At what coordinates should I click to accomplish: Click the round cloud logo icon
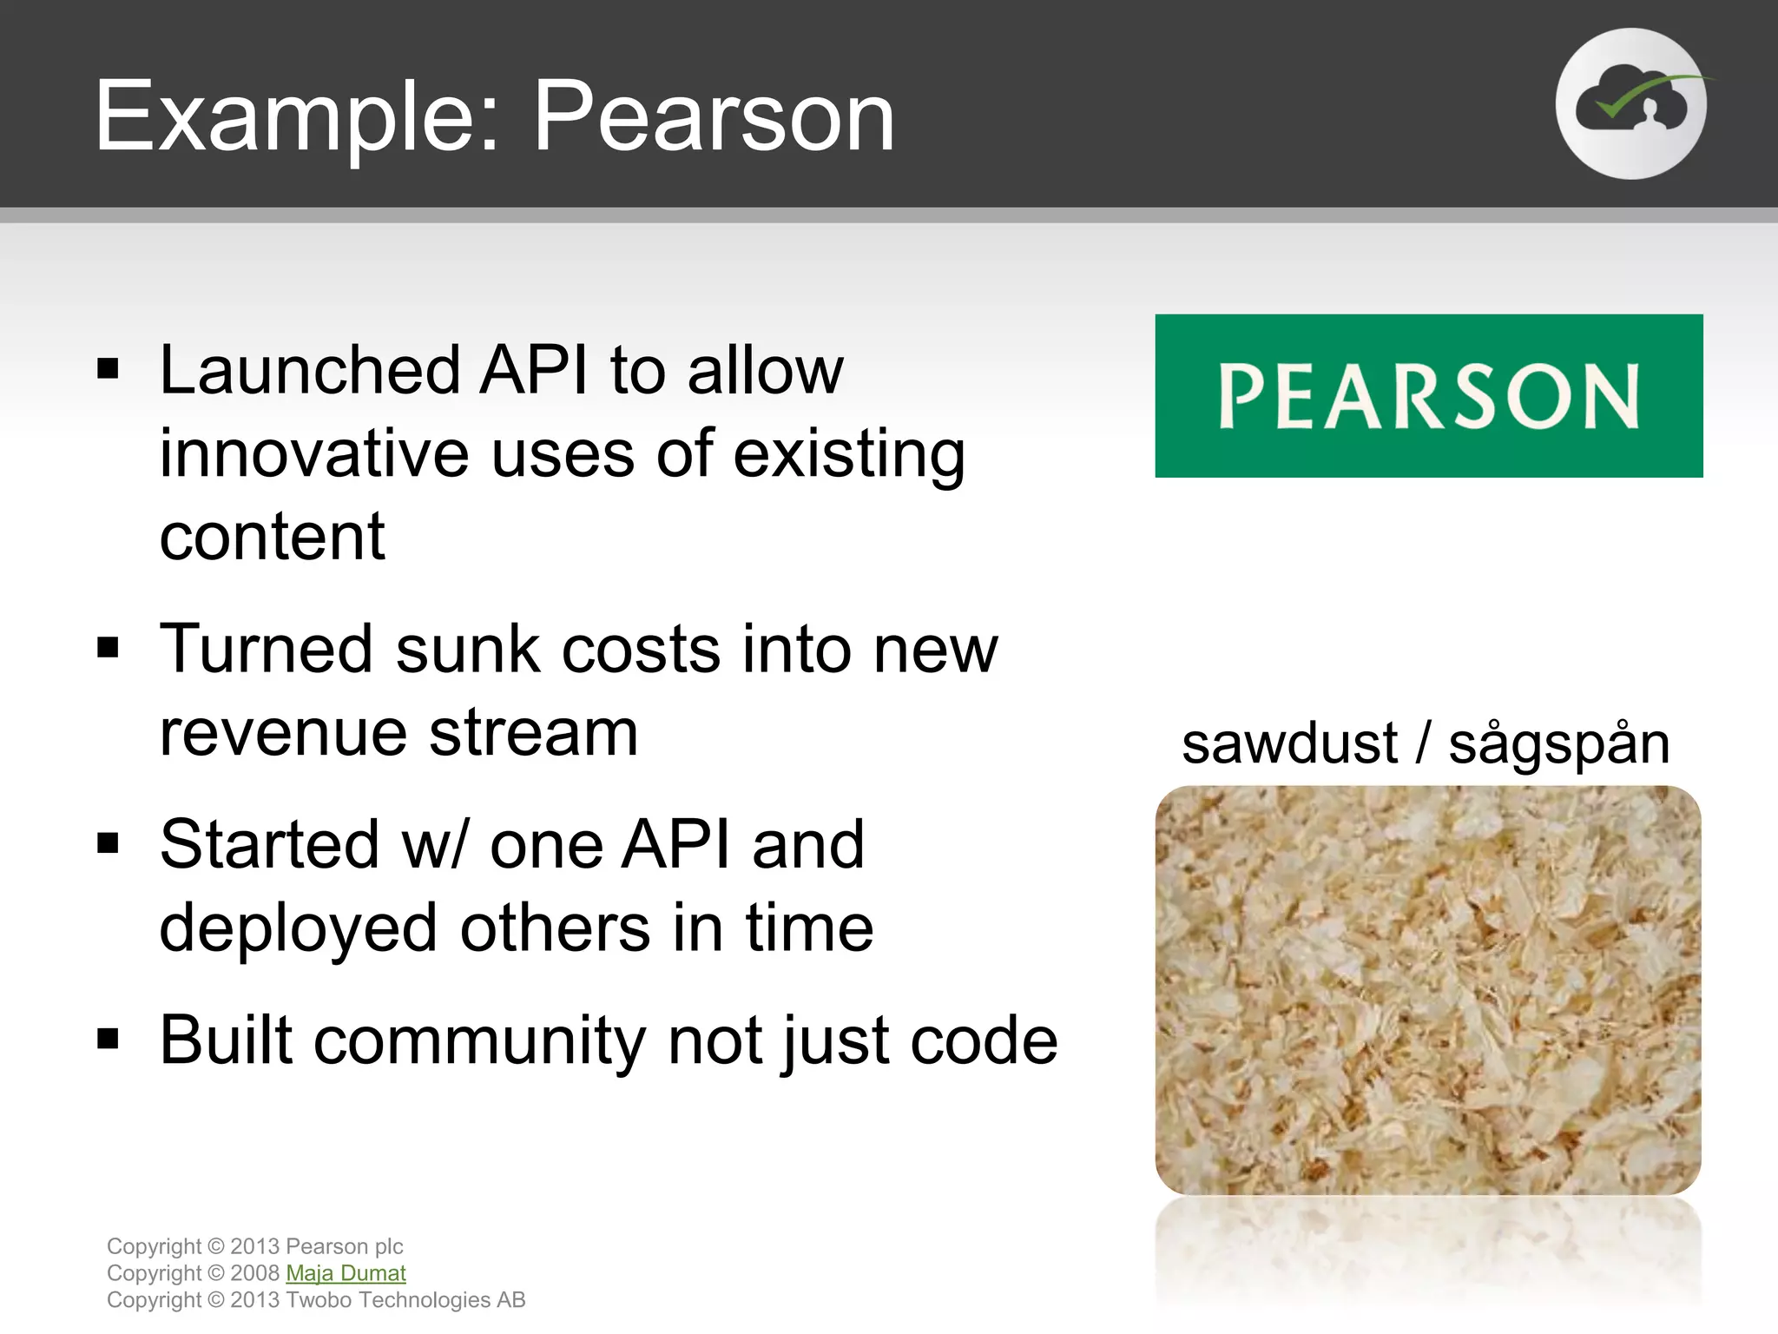[1630, 104]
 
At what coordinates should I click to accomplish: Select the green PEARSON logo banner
[1428, 396]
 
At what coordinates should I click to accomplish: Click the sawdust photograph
[1428, 990]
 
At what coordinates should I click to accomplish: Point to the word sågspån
[1558, 745]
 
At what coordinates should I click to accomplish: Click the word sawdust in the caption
[1289, 745]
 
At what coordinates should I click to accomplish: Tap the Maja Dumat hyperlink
[346, 1273]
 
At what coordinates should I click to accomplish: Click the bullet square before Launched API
[108, 370]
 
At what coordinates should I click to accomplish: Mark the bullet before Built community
[108, 1039]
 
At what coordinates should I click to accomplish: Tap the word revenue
[283, 732]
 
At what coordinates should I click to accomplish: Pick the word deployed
[298, 928]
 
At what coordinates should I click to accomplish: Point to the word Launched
[308, 372]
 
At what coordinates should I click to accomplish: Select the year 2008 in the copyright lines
[254, 1273]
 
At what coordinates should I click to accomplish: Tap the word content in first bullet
[272, 537]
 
